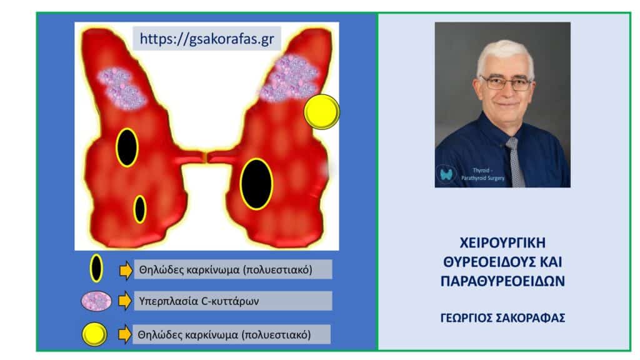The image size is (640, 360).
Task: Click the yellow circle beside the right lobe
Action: (322, 112)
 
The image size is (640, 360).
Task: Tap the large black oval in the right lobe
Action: (256, 184)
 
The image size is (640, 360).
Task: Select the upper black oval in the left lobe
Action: (127, 147)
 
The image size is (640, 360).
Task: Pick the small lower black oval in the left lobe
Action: (140, 209)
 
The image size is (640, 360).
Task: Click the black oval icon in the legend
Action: (96, 269)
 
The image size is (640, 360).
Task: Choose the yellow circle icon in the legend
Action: (96, 334)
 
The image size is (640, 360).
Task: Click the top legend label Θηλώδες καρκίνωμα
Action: (225, 269)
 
